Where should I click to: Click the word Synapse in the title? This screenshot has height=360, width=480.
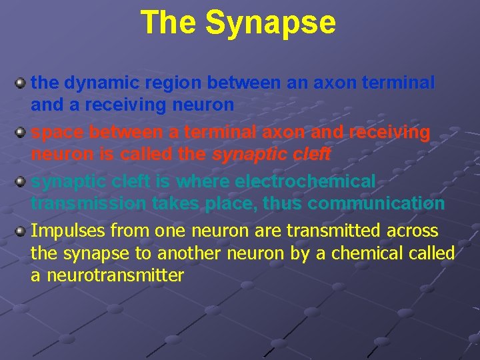[x=271, y=23]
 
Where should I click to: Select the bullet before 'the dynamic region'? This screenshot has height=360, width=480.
[x=21, y=83]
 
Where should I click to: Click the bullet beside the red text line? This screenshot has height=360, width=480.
[x=21, y=133]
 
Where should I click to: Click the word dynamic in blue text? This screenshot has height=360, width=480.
[x=99, y=83]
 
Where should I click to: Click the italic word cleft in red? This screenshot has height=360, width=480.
[x=311, y=154]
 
